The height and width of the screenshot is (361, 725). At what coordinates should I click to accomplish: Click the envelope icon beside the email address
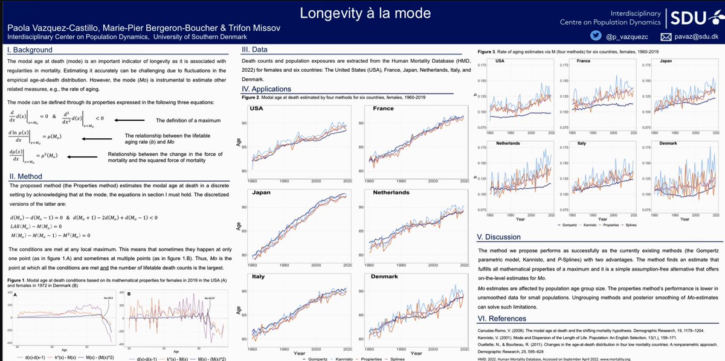666,37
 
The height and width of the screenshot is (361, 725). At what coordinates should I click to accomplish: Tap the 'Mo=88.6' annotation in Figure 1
106,296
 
